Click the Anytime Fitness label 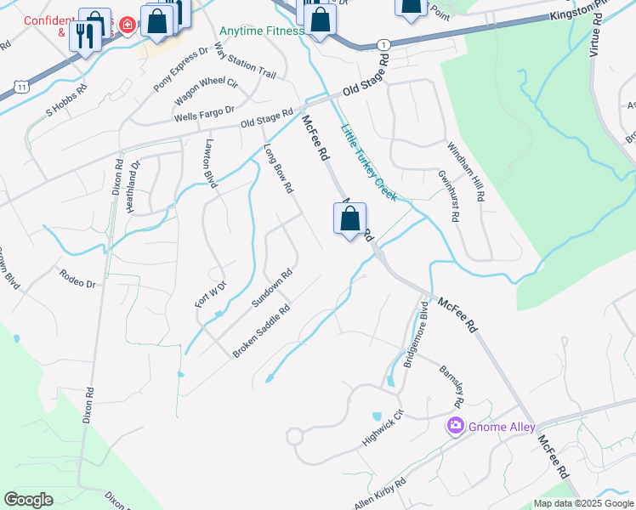point(261,31)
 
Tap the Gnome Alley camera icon point(456,426)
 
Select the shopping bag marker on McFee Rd point(349,220)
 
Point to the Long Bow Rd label point(278,167)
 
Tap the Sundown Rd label point(272,288)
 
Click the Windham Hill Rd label point(466,173)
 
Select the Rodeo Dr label point(77,277)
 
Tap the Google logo point(28,500)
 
